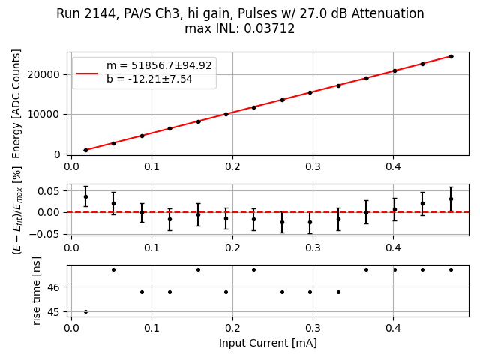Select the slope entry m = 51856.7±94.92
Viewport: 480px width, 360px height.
pos(159,66)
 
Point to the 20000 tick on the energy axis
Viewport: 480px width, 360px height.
pos(46,74)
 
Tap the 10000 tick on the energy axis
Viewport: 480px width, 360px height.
pos(46,114)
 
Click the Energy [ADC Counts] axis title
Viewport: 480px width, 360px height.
pos(16,103)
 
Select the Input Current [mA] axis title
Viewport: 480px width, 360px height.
pos(268,343)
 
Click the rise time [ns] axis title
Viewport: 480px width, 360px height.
pos(37,289)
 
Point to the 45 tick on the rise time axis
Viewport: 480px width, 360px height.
pos(56,312)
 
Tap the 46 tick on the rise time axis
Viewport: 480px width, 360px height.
pos(56,287)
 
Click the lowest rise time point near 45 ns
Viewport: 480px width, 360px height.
pos(85,311)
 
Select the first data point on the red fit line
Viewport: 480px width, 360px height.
pos(85,150)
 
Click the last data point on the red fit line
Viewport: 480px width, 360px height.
pos(451,56)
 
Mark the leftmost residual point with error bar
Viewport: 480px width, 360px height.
pos(85,196)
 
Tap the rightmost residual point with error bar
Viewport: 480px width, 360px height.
pos(451,199)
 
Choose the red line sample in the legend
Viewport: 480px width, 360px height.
pos(87,73)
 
